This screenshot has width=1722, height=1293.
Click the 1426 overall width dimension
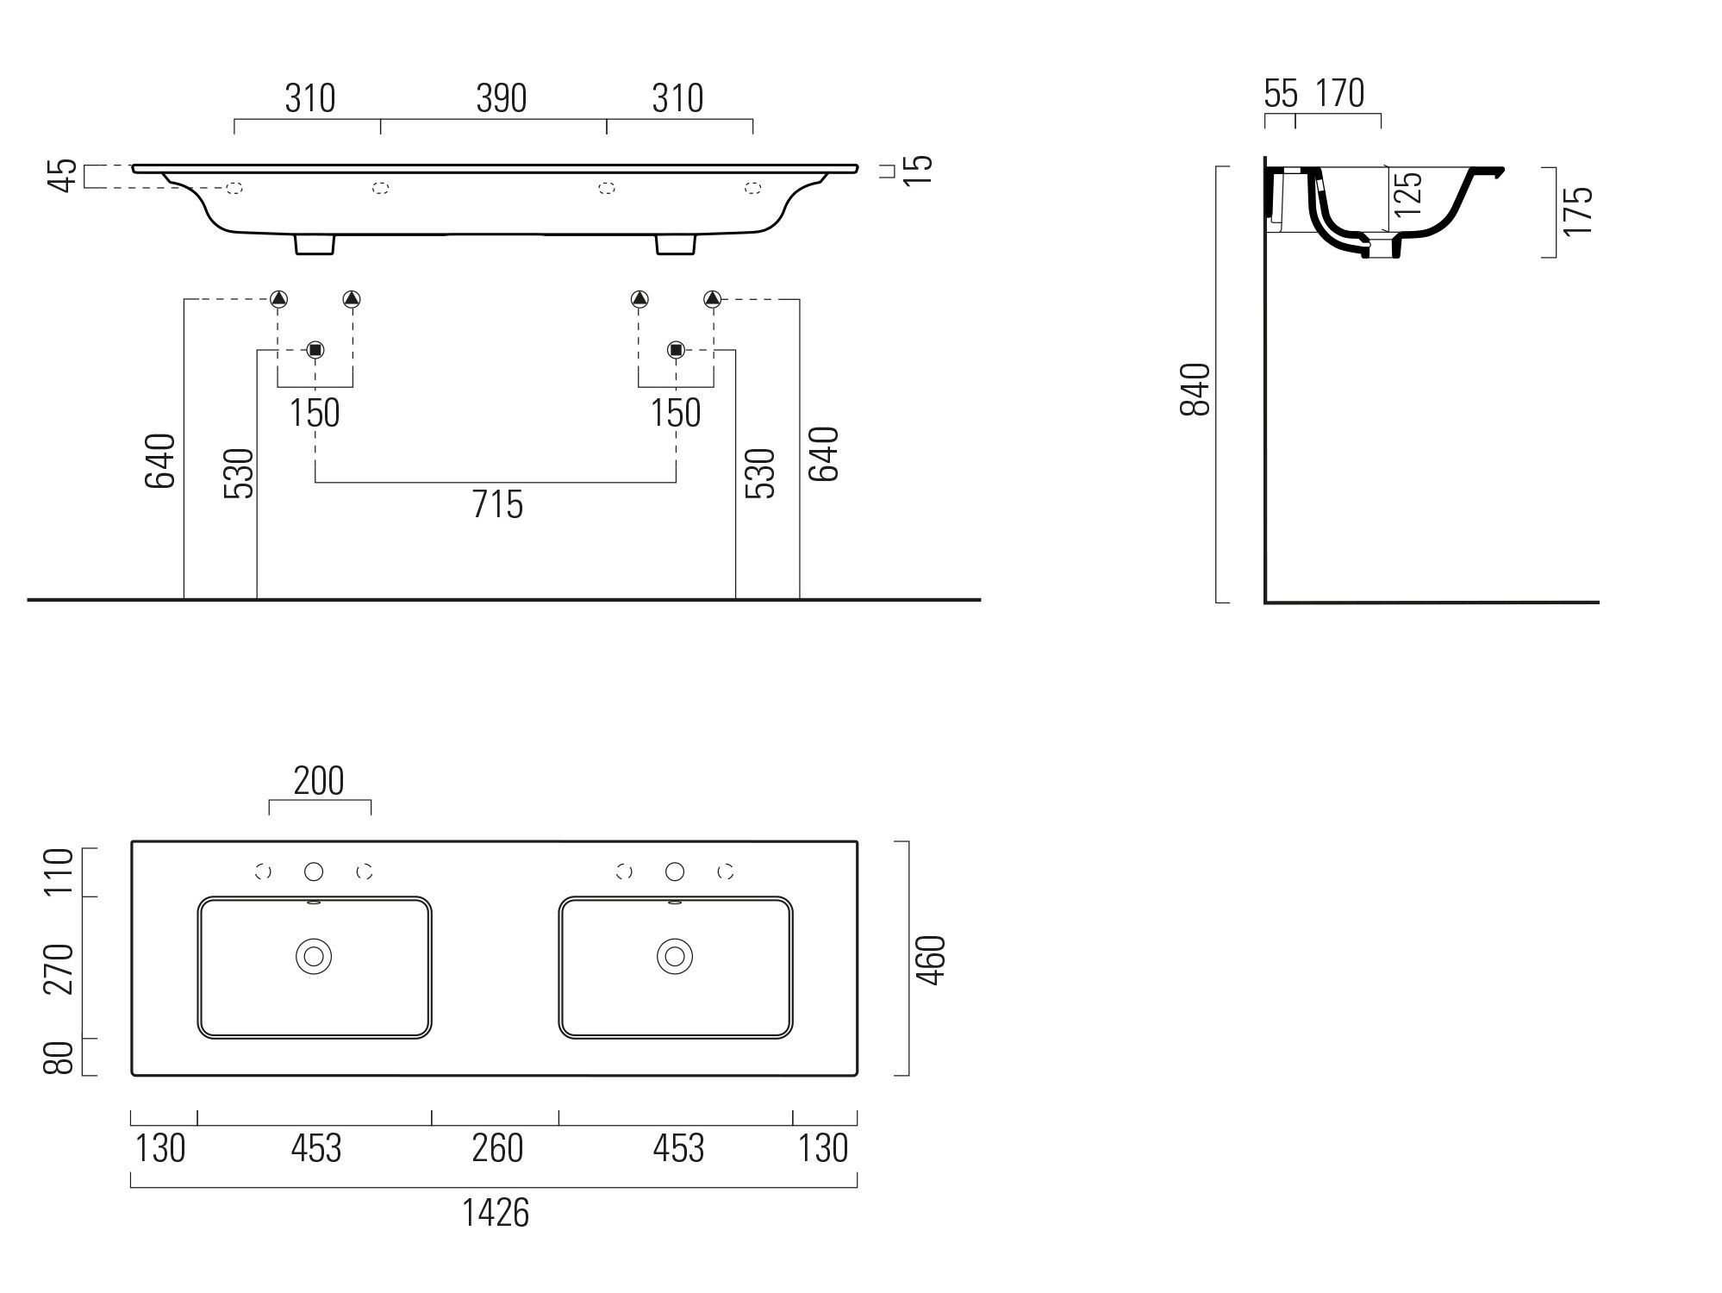pyautogui.click(x=496, y=1213)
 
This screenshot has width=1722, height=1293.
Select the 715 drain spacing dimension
pyautogui.click(x=497, y=504)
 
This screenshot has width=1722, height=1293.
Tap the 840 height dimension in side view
pyautogui.click(x=1195, y=390)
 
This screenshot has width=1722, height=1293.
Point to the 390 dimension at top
pyautogui.click(x=501, y=99)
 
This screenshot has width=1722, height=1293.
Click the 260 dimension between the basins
pyautogui.click(x=497, y=1148)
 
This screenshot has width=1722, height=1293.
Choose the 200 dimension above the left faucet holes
pyautogui.click(x=319, y=781)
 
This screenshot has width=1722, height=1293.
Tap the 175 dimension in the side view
pyautogui.click(x=1577, y=210)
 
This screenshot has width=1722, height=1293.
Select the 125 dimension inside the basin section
pyautogui.click(x=1407, y=194)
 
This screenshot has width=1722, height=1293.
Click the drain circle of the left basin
pyautogui.click(x=314, y=956)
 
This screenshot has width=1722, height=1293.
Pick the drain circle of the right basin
pyautogui.click(x=675, y=956)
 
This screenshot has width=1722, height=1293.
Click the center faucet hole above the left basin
pyautogui.click(x=314, y=871)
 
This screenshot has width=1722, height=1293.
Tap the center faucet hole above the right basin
pyautogui.click(x=675, y=871)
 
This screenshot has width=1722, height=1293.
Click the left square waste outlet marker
pyautogui.click(x=315, y=349)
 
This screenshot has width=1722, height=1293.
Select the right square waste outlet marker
pyautogui.click(x=676, y=349)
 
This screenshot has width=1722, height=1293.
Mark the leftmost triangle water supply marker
pyautogui.click(x=278, y=299)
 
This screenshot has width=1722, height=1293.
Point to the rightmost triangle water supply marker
pyautogui.click(x=712, y=299)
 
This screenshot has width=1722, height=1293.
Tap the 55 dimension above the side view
pyautogui.click(x=1281, y=94)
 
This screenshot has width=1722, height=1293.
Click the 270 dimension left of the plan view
pyautogui.click(x=60, y=968)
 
